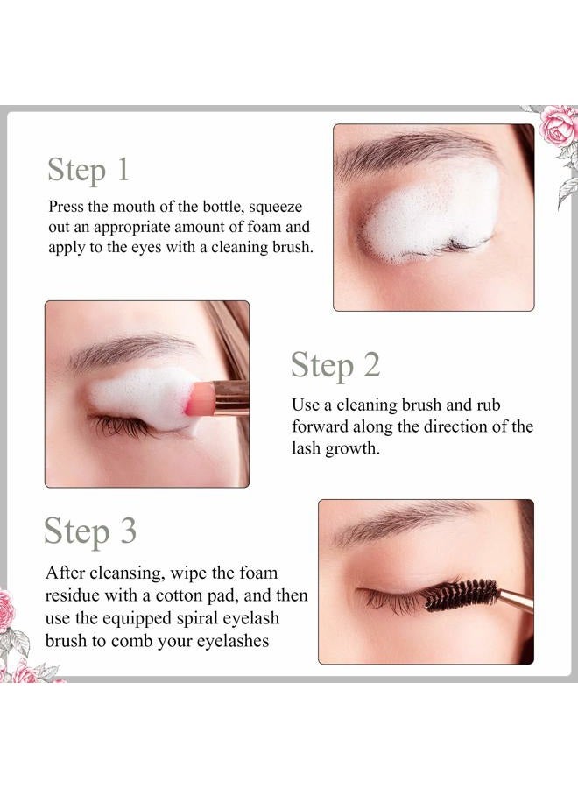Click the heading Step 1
click(x=88, y=169)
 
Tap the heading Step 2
click(x=335, y=365)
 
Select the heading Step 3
click(x=90, y=531)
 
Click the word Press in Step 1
click(x=67, y=208)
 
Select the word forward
click(x=321, y=427)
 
